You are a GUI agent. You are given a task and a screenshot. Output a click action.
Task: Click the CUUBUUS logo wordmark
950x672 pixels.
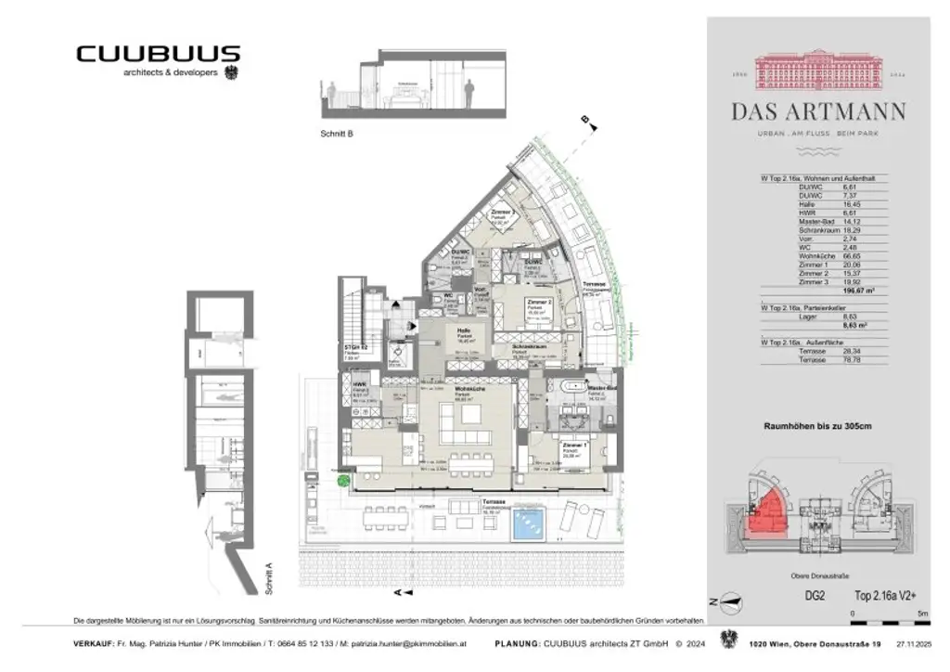pyautogui.click(x=158, y=55)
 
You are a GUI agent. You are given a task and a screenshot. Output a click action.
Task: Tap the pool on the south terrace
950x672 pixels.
pyautogui.click(x=532, y=523)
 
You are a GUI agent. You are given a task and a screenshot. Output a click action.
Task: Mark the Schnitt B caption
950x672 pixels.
pyautogui.click(x=331, y=134)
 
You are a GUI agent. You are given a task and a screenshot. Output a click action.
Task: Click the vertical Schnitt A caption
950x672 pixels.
pyautogui.click(x=268, y=581)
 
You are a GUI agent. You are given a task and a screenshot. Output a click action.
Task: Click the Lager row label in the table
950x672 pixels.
pyautogui.click(x=806, y=317)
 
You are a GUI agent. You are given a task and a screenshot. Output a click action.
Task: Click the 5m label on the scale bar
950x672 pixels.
pyautogui.click(x=922, y=614)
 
